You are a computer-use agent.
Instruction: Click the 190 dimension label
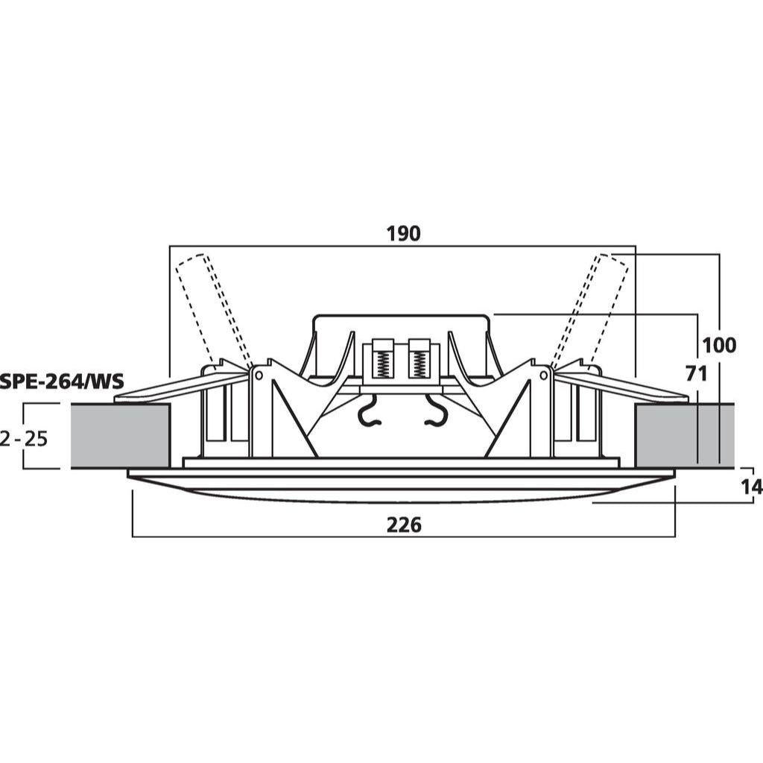coord(403,233)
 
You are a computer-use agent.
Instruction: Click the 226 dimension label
coord(403,525)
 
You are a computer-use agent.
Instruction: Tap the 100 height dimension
coord(719,346)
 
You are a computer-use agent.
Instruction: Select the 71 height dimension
coord(697,374)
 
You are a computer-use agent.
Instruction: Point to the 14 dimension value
coord(751,487)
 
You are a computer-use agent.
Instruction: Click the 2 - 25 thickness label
coord(25,440)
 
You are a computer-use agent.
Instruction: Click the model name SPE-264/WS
coord(62,381)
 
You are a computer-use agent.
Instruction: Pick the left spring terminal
coord(382,358)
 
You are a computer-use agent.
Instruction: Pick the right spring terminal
coord(419,358)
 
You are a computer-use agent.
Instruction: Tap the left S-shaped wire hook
coord(370,410)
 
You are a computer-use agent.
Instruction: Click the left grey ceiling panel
coord(120,435)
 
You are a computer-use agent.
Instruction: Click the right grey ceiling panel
coord(684,435)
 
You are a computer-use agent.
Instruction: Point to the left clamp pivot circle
coord(259,376)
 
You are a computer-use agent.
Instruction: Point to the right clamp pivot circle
coord(545,376)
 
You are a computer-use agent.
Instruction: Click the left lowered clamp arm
coord(180,387)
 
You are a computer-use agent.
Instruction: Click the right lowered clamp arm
coord(623,387)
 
